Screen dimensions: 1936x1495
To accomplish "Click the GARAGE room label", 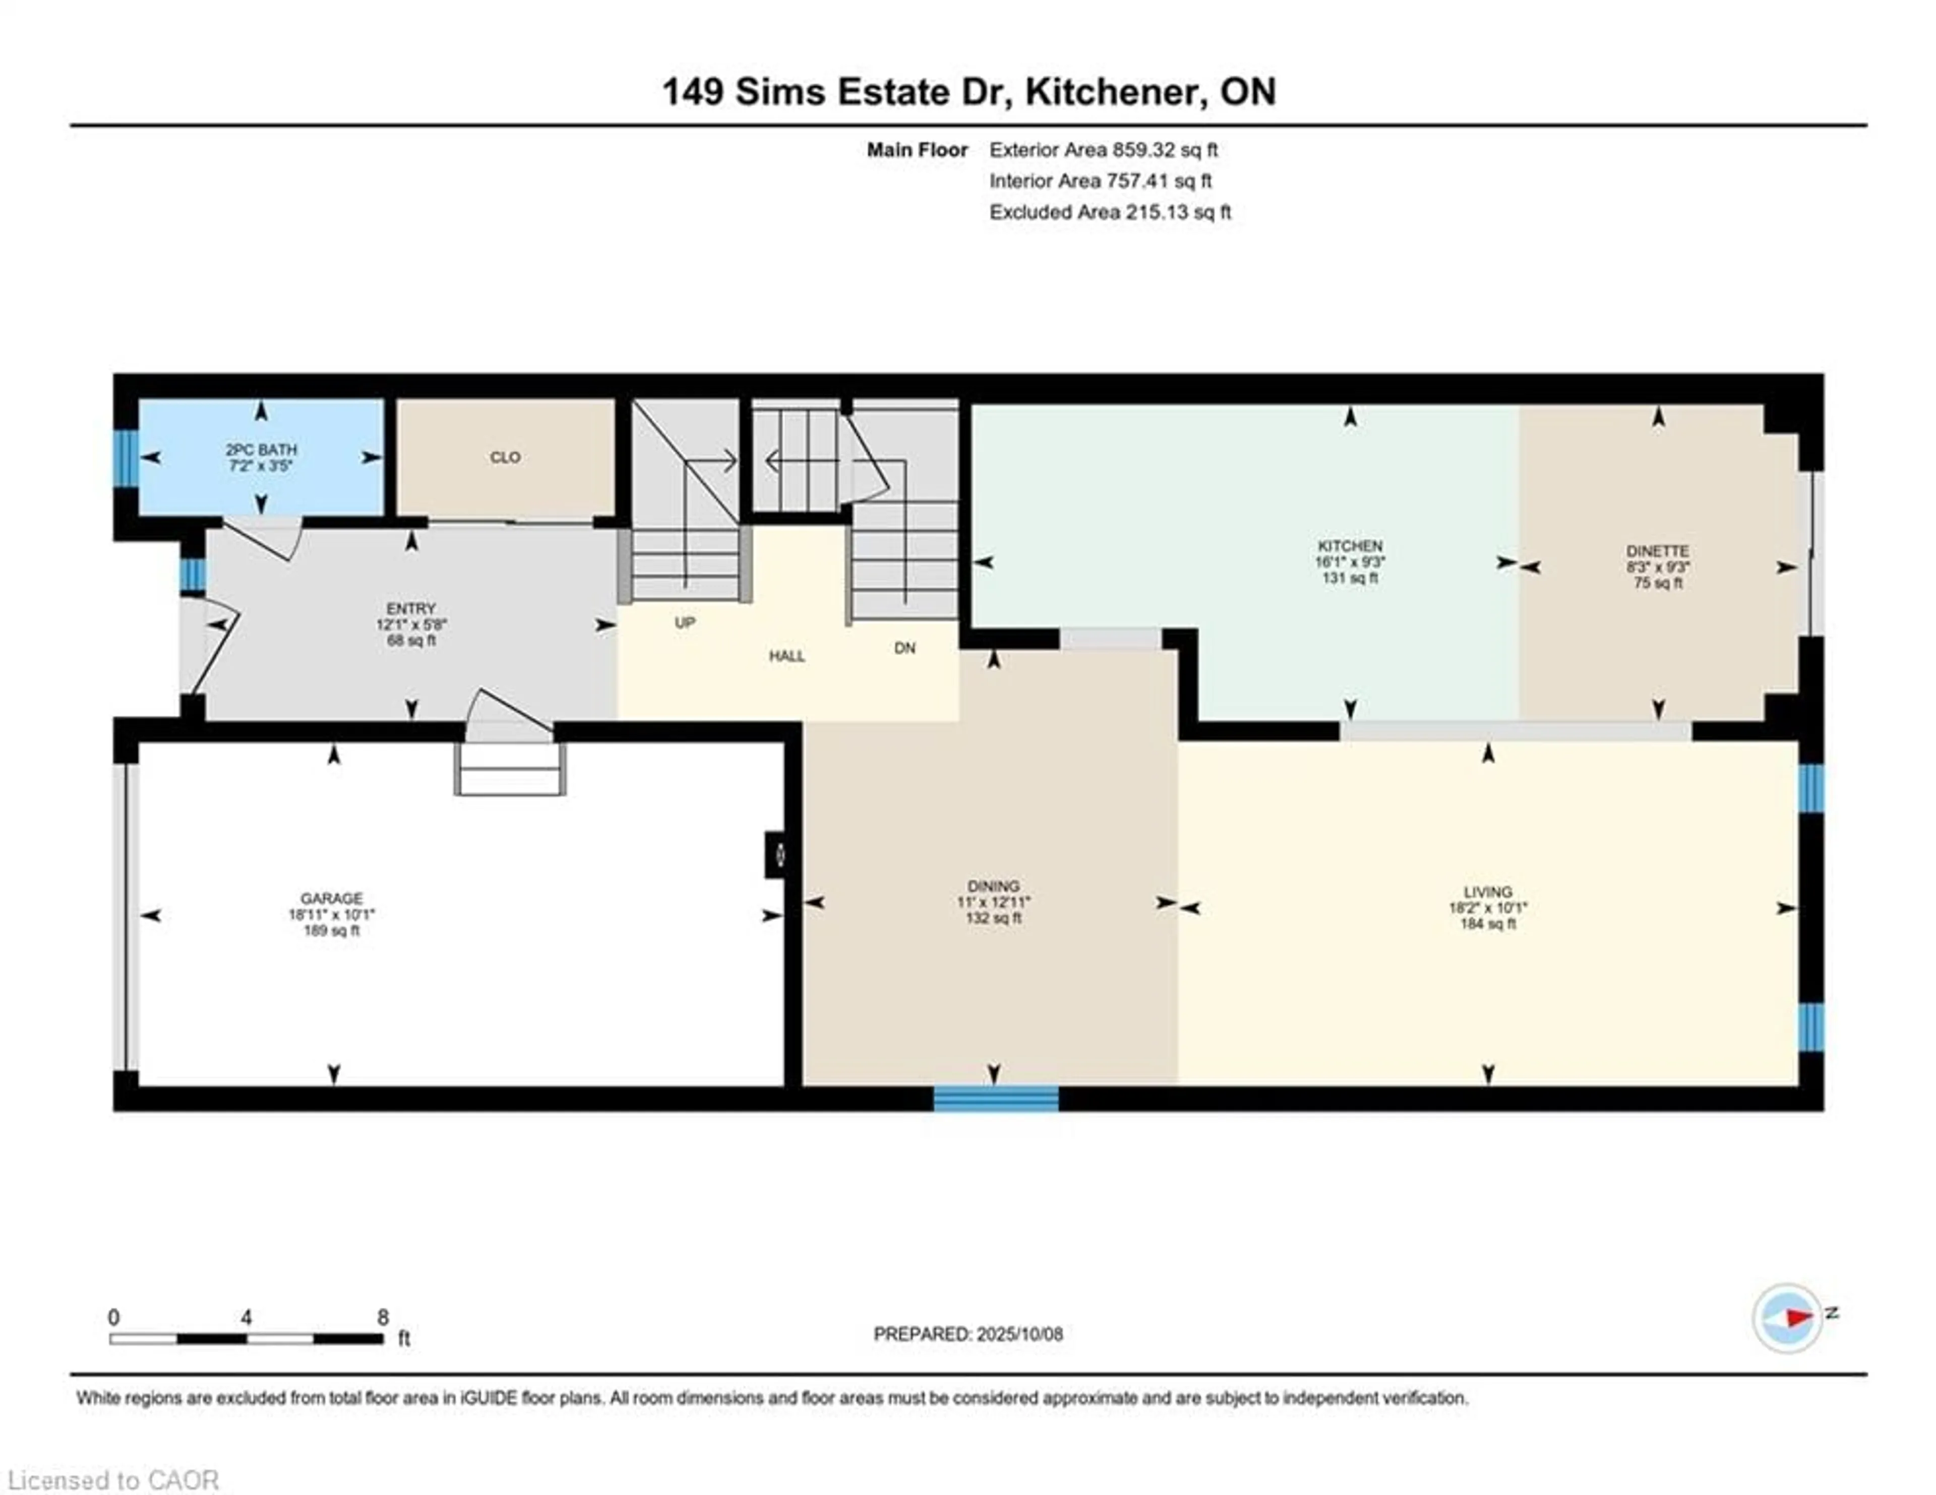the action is click(x=332, y=898).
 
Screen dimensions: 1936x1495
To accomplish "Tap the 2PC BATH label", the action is click(x=261, y=449).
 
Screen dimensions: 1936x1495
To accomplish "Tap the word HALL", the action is click(x=787, y=656).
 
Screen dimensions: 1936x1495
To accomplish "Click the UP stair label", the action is click(x=684, y=622).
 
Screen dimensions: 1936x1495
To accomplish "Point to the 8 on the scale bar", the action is click(x=383, y=1317).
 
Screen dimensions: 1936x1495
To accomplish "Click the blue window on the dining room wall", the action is click(x=996, y=1099).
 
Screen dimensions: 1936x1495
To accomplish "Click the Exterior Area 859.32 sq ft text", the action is click(x=1104, y=150).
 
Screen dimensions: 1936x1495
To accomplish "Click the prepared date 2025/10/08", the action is click(x=1019, y=1335).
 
